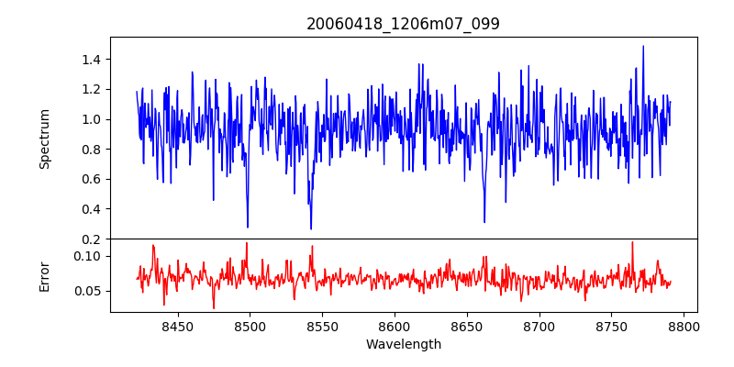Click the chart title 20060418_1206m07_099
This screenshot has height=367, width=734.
[x=403, y=24]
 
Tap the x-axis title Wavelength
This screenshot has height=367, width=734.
[x=403, y=344]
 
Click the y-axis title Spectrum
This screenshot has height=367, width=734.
[x=44, y=139]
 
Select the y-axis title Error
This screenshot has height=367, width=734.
[x=44, y=276]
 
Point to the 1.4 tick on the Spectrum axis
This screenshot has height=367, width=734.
[x=91, y=60]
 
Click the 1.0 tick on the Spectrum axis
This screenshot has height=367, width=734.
[x=91, y=119]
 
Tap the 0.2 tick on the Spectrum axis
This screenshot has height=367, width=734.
[x=91, y=239]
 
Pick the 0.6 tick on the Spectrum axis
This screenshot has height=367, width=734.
[x=91, y=179]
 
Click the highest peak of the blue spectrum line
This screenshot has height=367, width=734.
[x=643, y=46]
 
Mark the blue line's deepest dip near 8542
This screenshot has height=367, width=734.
[x=311, y=228]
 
